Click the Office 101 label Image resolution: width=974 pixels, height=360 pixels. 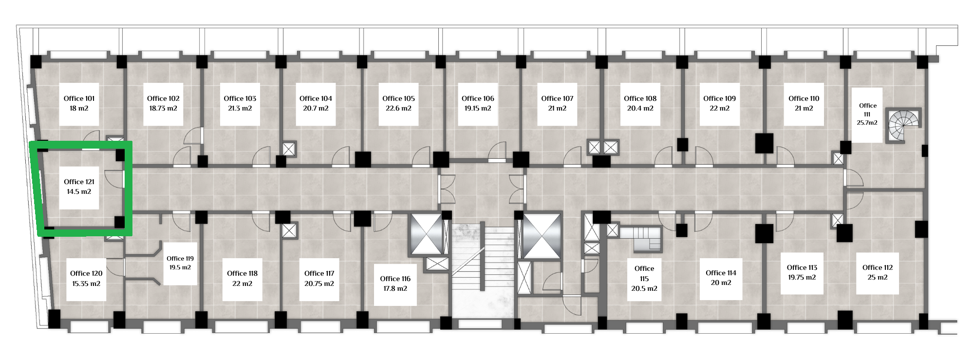pos(79,98)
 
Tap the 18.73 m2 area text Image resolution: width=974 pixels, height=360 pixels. pos(163,109)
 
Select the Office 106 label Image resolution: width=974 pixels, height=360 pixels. pos(478,98)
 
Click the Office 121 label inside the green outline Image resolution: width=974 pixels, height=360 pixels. pos(79,182)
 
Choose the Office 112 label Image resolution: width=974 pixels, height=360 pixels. pos(878,267)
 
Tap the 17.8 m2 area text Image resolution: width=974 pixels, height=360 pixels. pos(395,288)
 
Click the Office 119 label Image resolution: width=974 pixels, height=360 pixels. pos(180,259)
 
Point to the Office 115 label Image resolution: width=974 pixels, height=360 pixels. pos(644,273)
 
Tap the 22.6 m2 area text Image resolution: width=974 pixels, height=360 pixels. pos(398,109)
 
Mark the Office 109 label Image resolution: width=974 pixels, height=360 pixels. pos(719,98)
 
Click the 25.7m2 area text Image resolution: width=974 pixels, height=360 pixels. pos(867,123)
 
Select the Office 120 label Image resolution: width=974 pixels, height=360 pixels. pos(86,273)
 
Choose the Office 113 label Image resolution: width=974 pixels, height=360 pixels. pos(802,267)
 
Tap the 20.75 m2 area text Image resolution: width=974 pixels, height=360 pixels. pos(319,284)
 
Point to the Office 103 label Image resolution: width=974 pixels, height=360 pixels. pos(240,98)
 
